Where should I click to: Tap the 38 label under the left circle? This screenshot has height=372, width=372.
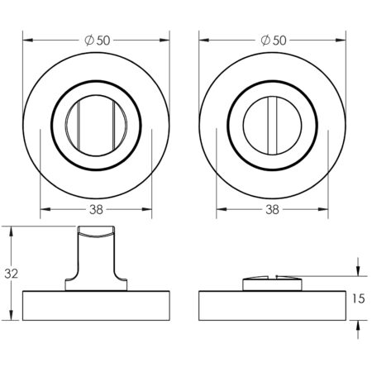point(97,209)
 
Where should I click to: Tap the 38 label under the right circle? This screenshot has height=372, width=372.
point(271,209)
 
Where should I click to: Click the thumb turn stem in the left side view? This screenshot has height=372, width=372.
point(98,257)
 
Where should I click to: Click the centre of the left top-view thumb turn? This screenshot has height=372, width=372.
point(97,122)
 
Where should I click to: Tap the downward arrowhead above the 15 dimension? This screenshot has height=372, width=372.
point(356,275)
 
